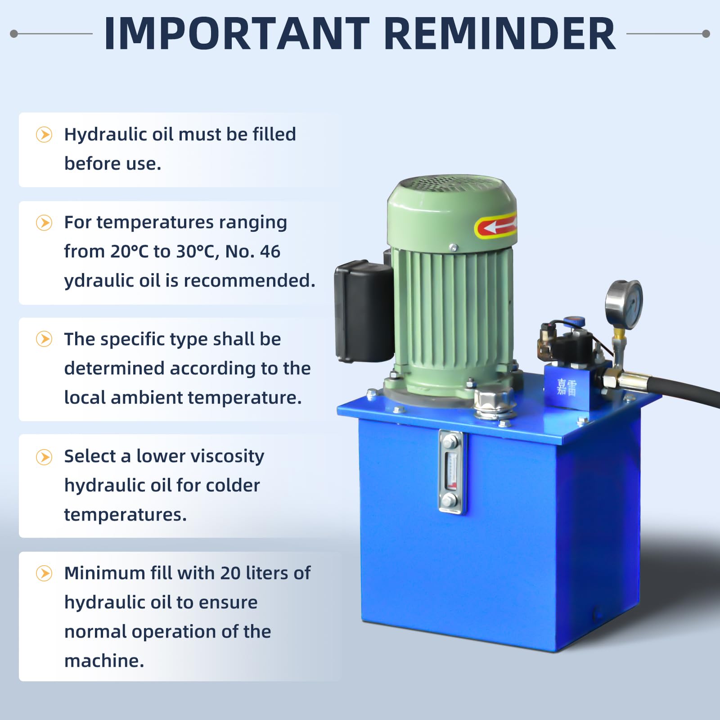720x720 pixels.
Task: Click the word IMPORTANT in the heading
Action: point(237,34)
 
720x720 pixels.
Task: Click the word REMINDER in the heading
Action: point(499,34)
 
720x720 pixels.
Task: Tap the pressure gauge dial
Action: point(624,304)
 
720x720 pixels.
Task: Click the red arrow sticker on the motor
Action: point(495,226)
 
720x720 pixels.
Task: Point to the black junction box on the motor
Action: point(364,311)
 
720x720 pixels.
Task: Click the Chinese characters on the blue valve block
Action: point(567,387)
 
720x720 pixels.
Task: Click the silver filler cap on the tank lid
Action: point(494,403)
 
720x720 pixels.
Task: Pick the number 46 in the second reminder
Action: point(270,252)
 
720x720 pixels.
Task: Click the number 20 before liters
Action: point(230,573)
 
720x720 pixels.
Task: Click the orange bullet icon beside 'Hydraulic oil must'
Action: point(44,135)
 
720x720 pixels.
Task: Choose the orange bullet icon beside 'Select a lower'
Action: point(44,457)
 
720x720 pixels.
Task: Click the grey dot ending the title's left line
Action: point(14,34)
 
